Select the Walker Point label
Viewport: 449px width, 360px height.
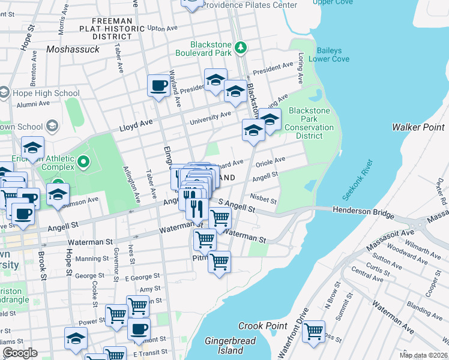[417, 127]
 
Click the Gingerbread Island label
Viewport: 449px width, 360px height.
[230, 346]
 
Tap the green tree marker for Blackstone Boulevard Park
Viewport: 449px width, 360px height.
[241, 47]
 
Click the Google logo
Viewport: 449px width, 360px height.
[20, 353]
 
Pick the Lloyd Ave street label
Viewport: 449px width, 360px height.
[136, 124]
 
